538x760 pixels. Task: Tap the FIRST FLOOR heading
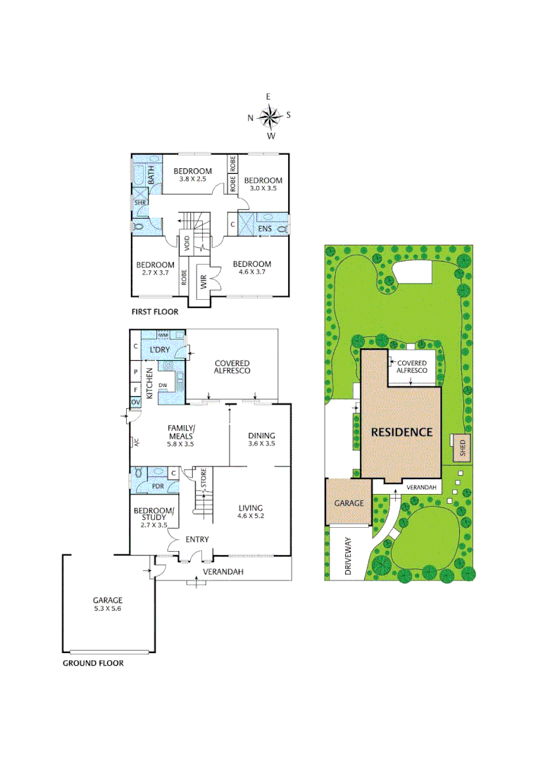155,311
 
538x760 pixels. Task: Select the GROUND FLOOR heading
93,663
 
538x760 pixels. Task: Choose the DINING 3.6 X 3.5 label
261,440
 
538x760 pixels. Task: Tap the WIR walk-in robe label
203,283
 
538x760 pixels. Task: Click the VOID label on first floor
187,244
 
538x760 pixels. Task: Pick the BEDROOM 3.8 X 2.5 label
193,175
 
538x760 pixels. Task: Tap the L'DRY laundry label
161,350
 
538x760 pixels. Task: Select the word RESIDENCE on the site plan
402,432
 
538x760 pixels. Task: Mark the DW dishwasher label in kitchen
163,385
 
